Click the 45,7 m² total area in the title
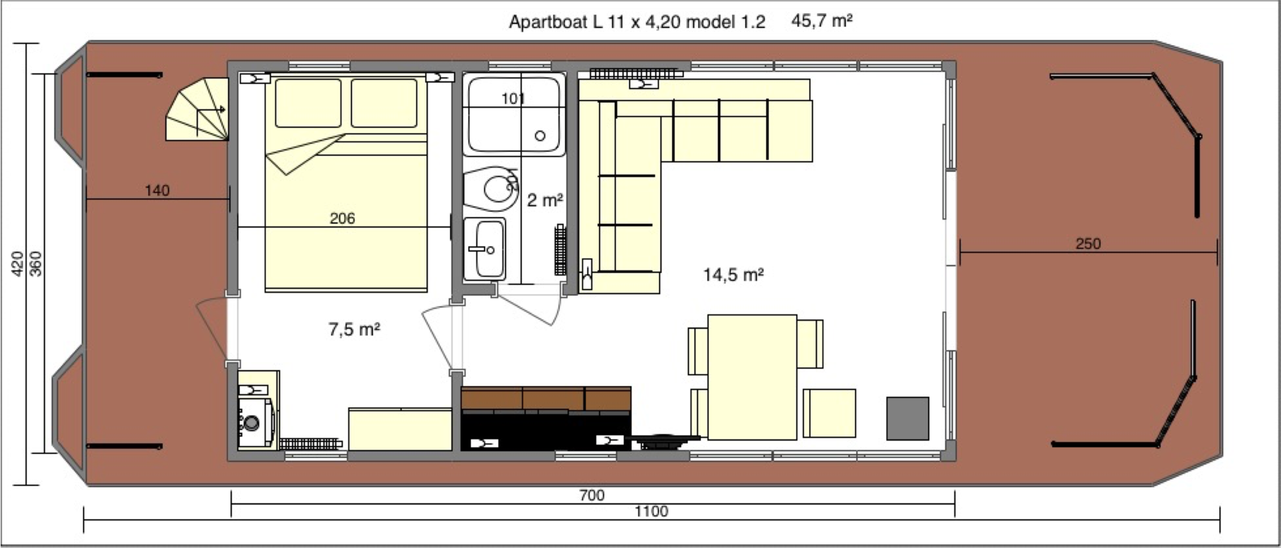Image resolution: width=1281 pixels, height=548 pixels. [x=821, y=21]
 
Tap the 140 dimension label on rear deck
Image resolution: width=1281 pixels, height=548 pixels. [x=157, y=191]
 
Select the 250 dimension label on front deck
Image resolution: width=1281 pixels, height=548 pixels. [x=1088, y=243]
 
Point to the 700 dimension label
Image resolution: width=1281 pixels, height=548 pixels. [x=592, y=495]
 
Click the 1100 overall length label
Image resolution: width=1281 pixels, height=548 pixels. [x=651, y=512]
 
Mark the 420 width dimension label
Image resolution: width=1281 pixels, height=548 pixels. [x=17, y=263]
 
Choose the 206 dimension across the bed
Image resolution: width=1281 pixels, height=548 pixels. [x=342, y=219]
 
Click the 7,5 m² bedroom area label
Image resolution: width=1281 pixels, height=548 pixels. [x=354, y=329]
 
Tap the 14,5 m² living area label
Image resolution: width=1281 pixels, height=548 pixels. [x=733, y=275]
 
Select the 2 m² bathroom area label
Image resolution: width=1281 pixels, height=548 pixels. [x=545, y=200]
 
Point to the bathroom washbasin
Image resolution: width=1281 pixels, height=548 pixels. [x=485, y=249]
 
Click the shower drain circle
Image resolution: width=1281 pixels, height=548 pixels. [x=540, y=136]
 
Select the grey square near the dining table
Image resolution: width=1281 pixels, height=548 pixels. [x=907, y=418]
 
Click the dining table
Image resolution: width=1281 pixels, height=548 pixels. [x=752, y=377]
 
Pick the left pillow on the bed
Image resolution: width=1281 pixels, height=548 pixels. [x=308, y=103]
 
